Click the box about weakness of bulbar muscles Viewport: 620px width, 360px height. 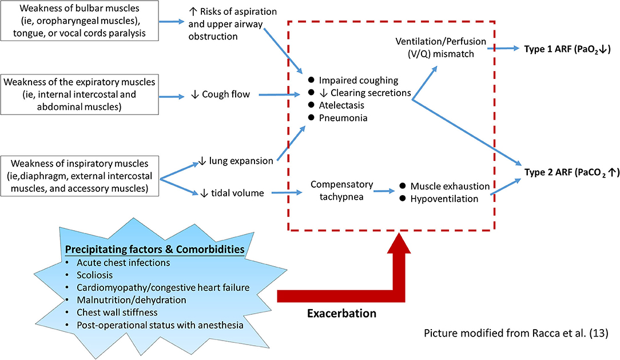(80, 22)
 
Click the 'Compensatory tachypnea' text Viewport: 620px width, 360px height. (342, 191)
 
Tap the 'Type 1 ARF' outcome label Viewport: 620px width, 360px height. (567, 49)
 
